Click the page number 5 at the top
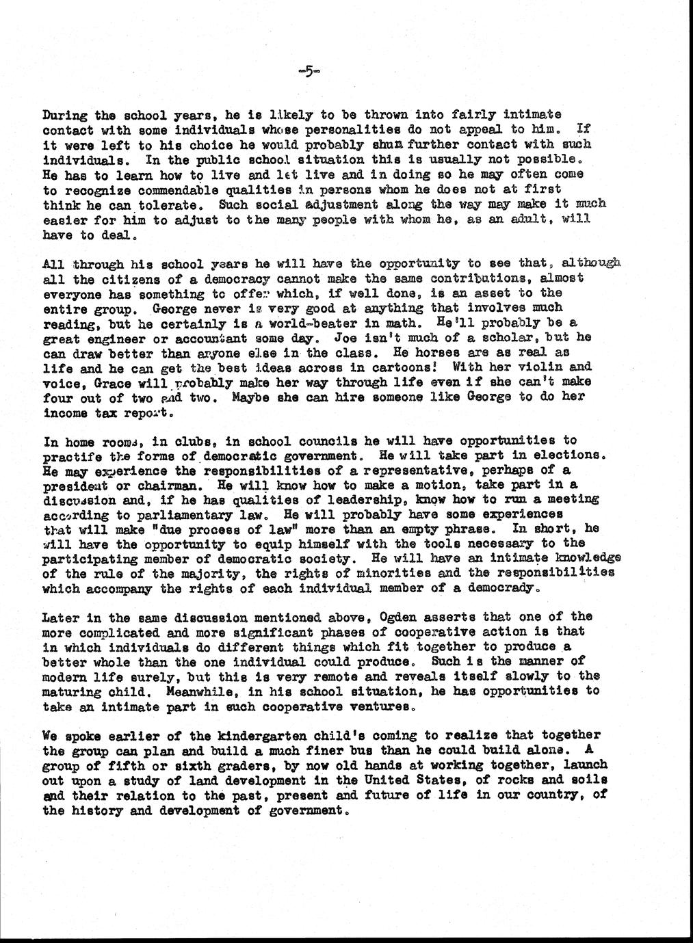click(309, 71)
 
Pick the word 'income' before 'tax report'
click(65, 413)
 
